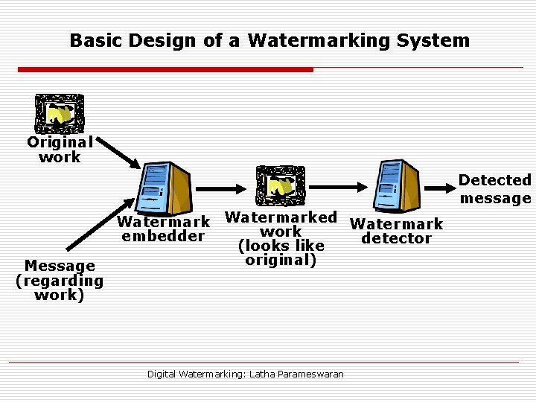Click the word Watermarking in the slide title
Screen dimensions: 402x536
(312, 40)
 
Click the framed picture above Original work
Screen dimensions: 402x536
(60, 114)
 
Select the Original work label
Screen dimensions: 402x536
(60, 149)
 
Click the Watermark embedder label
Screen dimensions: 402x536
(164, 229)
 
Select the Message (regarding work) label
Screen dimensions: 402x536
(60, 281)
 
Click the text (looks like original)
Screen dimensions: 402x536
(281, 253)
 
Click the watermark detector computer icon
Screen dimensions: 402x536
(398, 186)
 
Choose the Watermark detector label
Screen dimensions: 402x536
(396, 231)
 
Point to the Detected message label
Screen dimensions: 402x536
(495, 189)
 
